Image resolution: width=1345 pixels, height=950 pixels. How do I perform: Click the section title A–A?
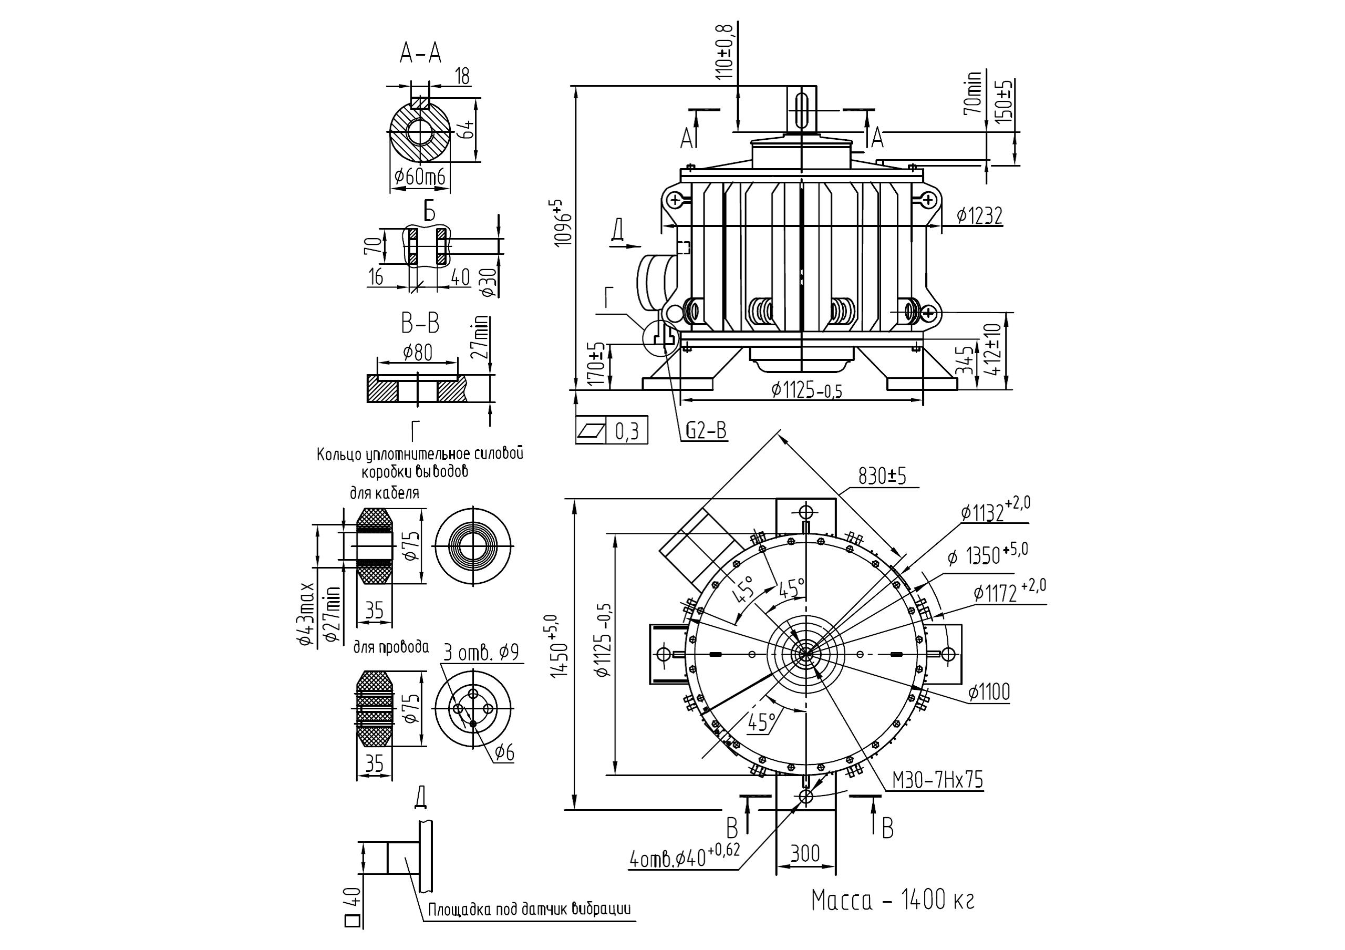coord(420,54)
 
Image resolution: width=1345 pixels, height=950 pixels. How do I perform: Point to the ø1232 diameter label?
coord(979,216)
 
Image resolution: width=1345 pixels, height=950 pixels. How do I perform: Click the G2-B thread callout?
coord(707,430)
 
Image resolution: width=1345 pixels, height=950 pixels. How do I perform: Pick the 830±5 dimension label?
coord(882,477)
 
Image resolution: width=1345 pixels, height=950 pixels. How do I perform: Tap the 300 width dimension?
coord(805,854)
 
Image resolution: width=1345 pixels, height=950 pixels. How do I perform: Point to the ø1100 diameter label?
coord(989,693)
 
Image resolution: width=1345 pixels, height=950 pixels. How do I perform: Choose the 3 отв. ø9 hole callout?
coord(480,653)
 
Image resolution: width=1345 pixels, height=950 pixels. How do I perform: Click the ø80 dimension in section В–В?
coord(418,353)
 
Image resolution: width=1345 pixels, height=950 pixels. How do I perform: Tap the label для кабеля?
coord(385,493)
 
